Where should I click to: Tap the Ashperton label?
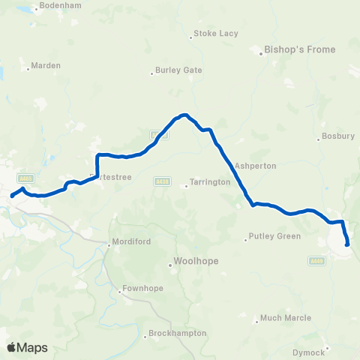coord(255,166)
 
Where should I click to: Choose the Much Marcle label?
coord(284,318)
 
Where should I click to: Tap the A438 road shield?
coord(162,181)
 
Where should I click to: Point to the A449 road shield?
coord(315,260)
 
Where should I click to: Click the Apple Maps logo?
coord(28,347)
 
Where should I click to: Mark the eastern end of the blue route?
coord(347,244)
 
